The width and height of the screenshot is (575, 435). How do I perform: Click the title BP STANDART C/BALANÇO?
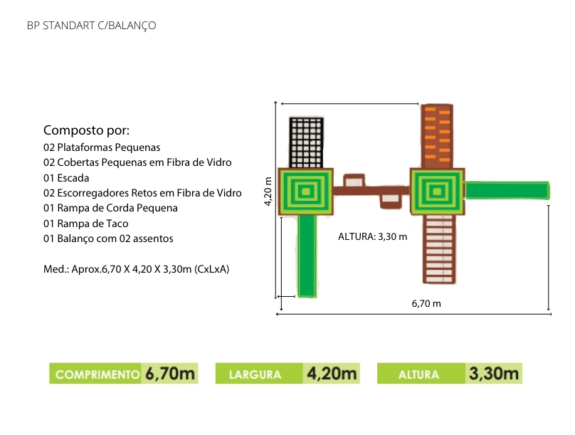[91, 26]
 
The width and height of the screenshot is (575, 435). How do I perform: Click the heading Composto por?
[87, 130]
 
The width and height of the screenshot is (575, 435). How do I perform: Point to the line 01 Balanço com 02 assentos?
[108, 239]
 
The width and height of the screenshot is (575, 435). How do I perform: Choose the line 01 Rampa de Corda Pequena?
[110, 208]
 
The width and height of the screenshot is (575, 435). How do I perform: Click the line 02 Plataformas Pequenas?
[102, 147]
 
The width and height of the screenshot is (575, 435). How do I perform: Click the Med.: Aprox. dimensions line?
[136, 269]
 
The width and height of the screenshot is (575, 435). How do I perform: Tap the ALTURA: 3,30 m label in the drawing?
[372, 236]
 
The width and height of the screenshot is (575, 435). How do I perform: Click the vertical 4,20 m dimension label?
[268, 192]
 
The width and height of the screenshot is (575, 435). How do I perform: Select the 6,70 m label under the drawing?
[426, 303]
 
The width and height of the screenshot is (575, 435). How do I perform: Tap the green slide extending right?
[507, 190]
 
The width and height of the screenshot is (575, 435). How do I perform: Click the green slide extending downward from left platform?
[307, 255]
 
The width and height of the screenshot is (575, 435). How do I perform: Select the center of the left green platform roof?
[306, 191]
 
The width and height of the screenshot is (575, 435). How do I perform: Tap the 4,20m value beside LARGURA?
[332, 373]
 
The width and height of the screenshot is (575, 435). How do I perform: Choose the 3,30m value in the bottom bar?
[494, 373]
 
